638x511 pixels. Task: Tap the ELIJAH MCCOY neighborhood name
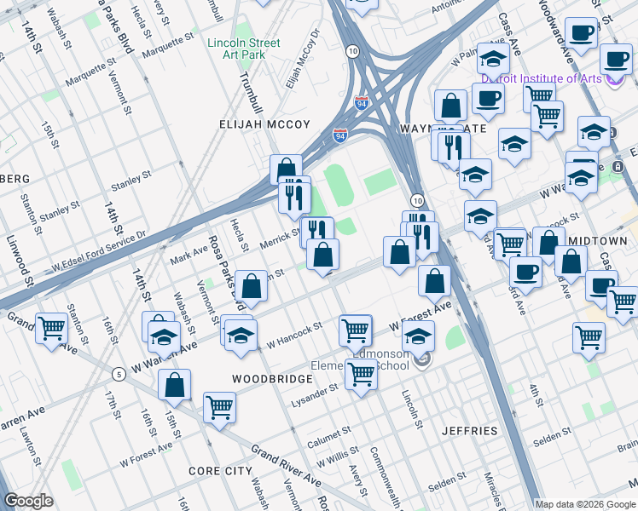pyautogui.click(x=268, y=124)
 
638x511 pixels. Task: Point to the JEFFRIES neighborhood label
pyautogui.click(x=469, y=431)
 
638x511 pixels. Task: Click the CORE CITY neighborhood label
pyautogui.click(x=220, y=471)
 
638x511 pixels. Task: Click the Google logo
pyautogui.click(x=29, y=501)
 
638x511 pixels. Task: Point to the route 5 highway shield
pyautogui.click(x=118, y=373)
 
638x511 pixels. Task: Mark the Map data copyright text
pyautogui.click(x=584, y=503)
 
